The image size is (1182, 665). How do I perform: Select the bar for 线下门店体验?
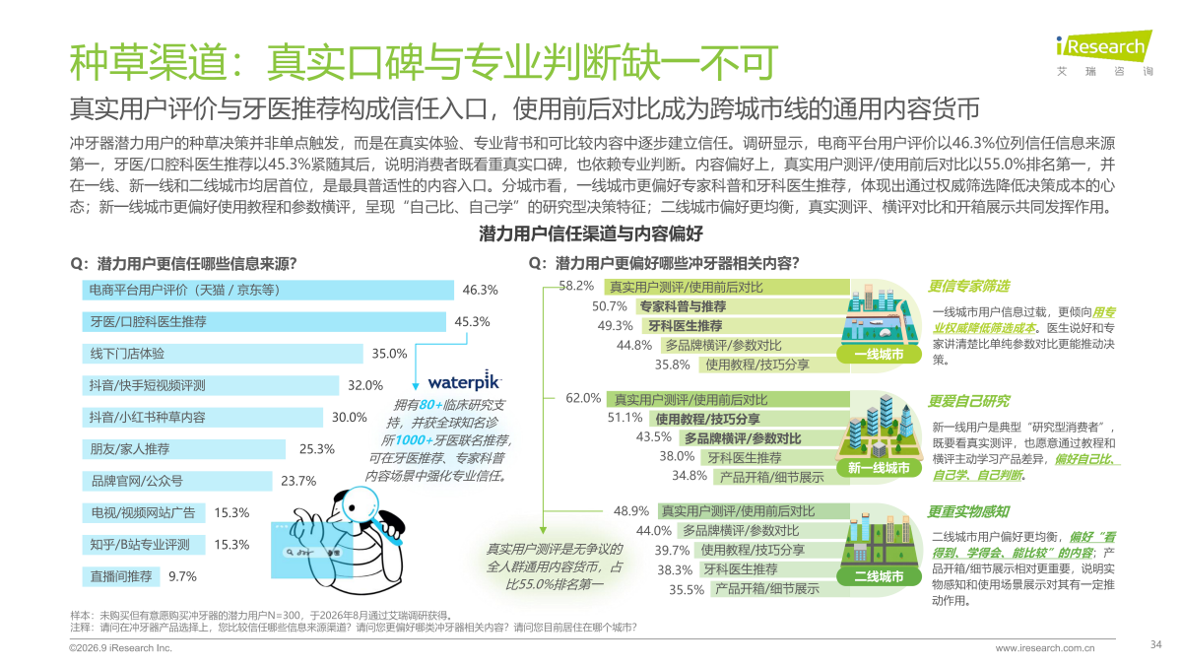tap(223, 354)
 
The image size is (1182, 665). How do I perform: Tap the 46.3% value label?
tap(481, 290)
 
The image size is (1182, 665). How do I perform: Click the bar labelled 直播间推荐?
tap(121, 576)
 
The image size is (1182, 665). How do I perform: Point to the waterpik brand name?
tap(464, 381)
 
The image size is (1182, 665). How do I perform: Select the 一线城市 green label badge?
tap(879, 354)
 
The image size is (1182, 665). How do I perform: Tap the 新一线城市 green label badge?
tap(879, 468)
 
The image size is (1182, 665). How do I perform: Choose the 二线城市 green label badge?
tap(879, 575)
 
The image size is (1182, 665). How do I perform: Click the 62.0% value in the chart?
tap(583, 398)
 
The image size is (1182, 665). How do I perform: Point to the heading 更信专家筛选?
tap(968, 286)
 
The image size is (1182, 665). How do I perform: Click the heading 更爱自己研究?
tap(968, 401)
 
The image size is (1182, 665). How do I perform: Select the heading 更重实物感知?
tap(968, 511)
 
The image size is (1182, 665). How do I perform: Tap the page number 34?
tap(1155, 644)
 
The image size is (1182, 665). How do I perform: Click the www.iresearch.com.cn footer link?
tap(1045, 647)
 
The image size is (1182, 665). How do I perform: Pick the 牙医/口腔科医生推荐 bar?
tap(264, 322)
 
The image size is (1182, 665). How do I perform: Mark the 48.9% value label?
tap(631, 511)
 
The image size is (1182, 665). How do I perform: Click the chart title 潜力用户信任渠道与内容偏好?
tap(591, 233)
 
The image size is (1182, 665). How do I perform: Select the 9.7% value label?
tap(182, 576)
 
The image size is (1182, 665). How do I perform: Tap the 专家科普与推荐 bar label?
tap(683, 306)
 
